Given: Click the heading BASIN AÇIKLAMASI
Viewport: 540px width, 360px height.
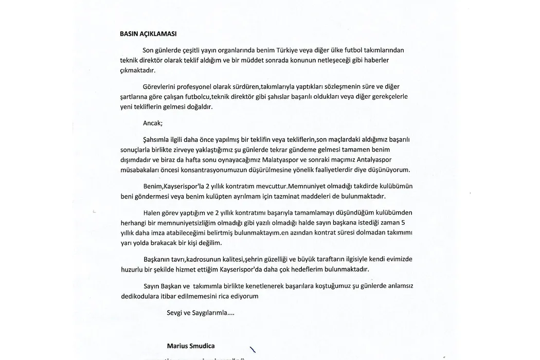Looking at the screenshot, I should [x=148, y=34].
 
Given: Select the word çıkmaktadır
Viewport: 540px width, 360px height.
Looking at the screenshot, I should [x=137, y=70].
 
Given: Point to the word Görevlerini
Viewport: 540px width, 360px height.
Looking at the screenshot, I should [x=159, y=86].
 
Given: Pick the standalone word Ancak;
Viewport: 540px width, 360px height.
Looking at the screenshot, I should [x=153, y=123].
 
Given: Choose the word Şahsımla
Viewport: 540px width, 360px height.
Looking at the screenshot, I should [x=157, y=139].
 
